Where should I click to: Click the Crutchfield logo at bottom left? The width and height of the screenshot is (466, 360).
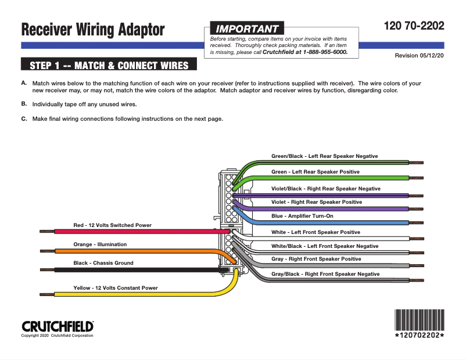pos(58,326)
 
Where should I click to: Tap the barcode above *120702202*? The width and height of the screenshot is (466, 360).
pos(420,320)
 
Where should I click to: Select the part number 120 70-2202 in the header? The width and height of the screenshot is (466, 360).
pos(414,26)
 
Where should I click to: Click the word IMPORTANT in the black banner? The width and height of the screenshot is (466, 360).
pos(247,29)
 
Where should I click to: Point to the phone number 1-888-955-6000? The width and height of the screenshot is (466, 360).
pos(325,52)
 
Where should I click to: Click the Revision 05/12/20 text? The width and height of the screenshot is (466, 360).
pos(419,56)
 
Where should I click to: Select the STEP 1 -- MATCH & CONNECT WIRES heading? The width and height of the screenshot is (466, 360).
pos(109,65)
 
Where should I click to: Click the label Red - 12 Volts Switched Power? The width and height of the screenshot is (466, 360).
pos(112,225)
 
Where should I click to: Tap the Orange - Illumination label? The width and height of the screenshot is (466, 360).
pos(100,244)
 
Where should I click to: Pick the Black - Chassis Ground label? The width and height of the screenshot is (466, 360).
pos(103,263)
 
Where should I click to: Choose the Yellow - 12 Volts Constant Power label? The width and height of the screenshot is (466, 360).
pos(115,288)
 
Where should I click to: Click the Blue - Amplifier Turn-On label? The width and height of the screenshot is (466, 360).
pos(302,216)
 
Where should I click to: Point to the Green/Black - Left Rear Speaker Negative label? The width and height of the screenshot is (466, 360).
pos(325,156)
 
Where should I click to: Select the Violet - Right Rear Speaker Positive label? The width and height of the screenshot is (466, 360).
pos(317,202)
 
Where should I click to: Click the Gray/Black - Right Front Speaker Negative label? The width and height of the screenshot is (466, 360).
pos(325,274)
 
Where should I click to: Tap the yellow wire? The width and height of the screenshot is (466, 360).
pos(139,294)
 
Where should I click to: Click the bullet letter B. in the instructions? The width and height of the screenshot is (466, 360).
pos(24,104)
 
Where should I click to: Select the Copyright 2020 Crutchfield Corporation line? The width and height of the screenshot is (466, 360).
pos(57,336)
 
